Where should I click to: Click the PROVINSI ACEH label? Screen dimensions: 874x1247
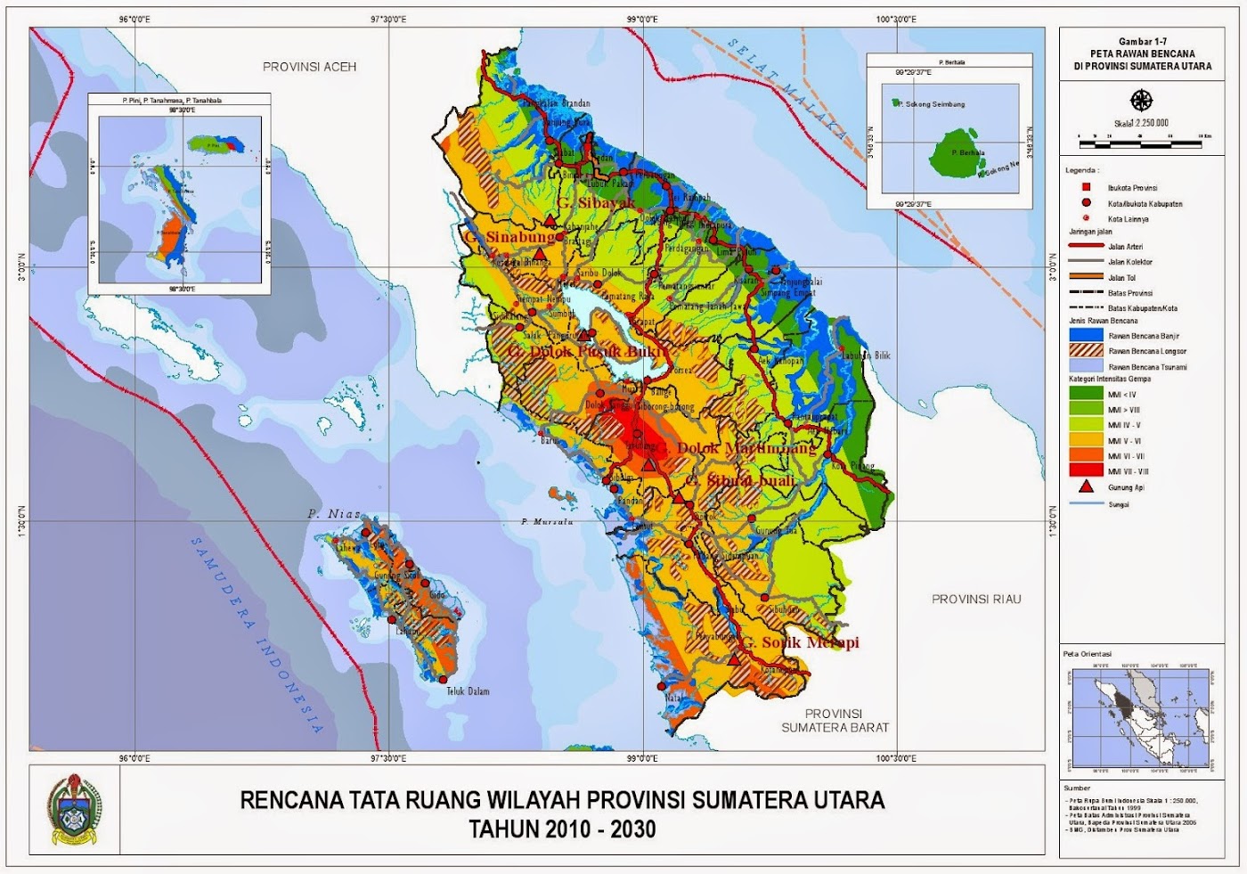tap(309, 67)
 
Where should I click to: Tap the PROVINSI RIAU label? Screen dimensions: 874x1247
tap(976, 599)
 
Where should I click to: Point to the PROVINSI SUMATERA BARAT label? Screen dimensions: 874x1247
tap(835, 720)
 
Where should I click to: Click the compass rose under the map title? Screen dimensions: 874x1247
tap(1141, 100)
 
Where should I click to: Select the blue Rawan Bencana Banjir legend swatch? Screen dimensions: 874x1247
tap(1086, 335)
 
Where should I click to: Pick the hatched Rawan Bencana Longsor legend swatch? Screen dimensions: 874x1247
tap(1086, 351)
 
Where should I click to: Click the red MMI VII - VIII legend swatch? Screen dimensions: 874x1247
tap(1086, 470)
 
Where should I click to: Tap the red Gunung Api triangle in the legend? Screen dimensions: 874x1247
tap(1086, 486)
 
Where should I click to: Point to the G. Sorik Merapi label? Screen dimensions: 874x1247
tap(801, 641)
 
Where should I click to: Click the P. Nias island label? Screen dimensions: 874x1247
tap(335, 514)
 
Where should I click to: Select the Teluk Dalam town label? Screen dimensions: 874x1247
tap(468, 691)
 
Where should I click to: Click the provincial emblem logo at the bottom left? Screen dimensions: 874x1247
tap(75, 810)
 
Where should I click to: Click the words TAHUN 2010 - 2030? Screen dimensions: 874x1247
tap(562, 829)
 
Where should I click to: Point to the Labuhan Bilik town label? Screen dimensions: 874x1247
tap(867, 355)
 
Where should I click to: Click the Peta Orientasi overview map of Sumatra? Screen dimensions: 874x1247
tap(1141, 717)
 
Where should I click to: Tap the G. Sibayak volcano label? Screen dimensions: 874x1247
tap(597, 203)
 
